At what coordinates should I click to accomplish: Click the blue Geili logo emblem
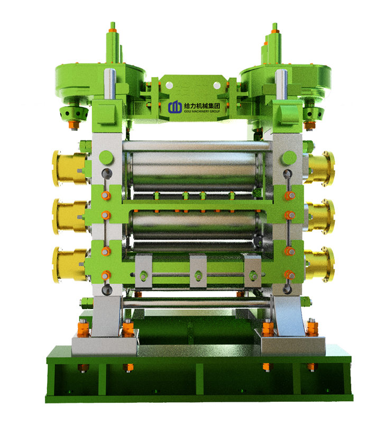point(174,107)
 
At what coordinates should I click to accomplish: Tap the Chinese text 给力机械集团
point(201,106)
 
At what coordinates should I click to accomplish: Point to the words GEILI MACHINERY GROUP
point(201,111)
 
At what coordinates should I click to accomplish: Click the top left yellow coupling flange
point(70,169)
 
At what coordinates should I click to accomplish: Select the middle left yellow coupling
point(70,216)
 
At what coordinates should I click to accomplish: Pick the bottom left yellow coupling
point(70,265)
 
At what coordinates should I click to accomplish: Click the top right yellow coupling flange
point(320,169)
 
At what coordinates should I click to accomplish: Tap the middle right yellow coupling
point(320,216)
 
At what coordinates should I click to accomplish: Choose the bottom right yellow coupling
point(320,265)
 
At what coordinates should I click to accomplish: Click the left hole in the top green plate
point(169,85)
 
